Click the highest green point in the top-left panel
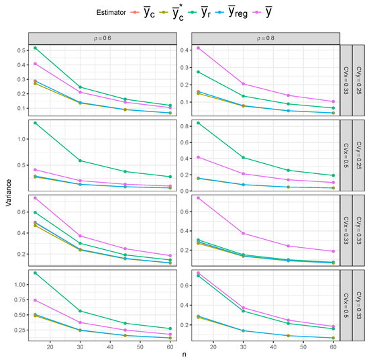click(35, 48)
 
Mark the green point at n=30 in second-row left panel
click(81, 161)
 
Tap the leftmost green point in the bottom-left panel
click(35, 273)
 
